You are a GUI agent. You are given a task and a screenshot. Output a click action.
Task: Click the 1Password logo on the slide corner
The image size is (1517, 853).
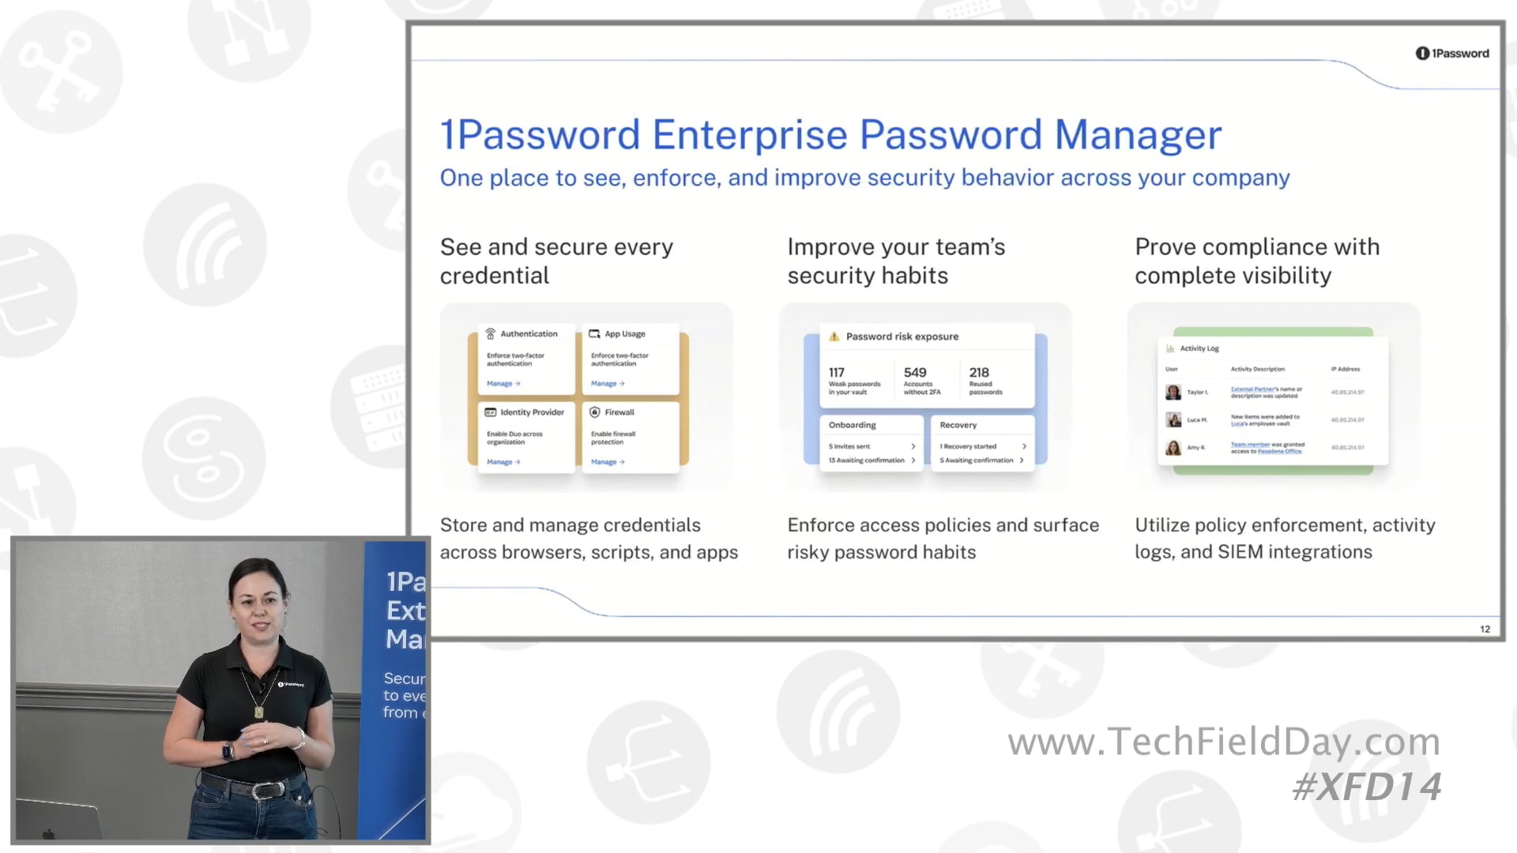[1451, 53]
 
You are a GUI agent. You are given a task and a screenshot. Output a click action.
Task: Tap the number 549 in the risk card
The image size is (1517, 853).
[915, 372]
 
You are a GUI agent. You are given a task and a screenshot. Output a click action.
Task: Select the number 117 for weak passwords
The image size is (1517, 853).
[837, 372]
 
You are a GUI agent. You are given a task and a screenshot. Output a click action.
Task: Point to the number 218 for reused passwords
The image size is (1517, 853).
[979, 372]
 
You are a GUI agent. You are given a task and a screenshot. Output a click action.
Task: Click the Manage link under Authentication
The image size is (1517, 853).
[503, 383]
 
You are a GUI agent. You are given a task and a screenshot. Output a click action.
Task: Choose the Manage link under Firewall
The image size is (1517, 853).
[607, 462]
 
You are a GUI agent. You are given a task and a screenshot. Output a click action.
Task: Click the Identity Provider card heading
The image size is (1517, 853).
[532, 412]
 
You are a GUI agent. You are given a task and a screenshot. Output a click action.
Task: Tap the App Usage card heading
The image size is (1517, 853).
[624, 334]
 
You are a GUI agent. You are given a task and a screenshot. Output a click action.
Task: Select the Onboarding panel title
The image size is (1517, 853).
[852, 425]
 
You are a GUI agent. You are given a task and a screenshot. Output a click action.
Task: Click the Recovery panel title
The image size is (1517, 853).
[958, 425]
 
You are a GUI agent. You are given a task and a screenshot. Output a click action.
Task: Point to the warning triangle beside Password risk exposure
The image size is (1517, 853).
[834, 336]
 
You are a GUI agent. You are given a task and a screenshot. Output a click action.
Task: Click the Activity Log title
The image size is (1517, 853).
[1199, 348]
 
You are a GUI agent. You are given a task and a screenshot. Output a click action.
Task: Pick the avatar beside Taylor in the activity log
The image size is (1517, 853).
[1173, 392]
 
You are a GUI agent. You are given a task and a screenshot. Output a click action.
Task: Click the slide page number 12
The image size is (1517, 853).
[1485, 629]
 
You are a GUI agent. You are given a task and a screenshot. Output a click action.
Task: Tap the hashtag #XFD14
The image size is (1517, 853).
[1367, 787]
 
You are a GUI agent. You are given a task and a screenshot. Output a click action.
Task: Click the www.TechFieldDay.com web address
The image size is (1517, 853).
[1224, 742]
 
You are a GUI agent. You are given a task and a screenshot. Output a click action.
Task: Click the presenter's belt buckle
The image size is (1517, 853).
[263, 790]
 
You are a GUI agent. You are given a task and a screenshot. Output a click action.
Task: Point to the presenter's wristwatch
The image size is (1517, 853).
[228, 750]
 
